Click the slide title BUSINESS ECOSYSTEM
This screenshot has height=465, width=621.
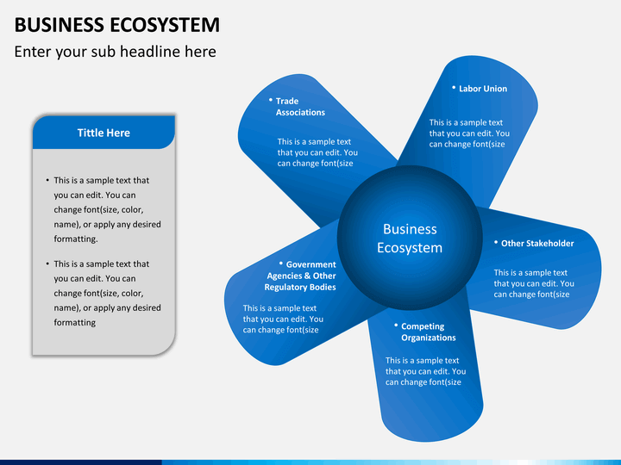[x=117, y=24]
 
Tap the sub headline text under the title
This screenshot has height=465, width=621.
[x=116, y=52]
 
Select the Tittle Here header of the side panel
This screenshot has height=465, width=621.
[x=103, y=133]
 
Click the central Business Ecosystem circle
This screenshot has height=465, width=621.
[x=410, y=238]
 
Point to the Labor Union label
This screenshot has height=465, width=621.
[x=483, y=89]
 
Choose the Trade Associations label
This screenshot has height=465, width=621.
[x=300, y=107]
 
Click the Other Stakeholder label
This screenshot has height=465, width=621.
[x=537, y=243]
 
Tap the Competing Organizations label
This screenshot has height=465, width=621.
[x=428, y=332]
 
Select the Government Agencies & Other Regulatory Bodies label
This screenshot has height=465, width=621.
[x=300, y=276]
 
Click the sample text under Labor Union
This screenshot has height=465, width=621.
[x=469, y=133]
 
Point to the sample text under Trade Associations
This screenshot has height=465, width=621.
[x=317, y=152]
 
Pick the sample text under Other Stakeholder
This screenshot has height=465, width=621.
[x=534, y=283]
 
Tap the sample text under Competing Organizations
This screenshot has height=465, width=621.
[x=425, y=371]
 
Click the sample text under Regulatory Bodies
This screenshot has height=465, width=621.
[x=283, y=319]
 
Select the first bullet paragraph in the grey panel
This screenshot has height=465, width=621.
[x=103, y=209]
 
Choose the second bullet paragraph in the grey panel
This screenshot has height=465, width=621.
[x=103, y=293]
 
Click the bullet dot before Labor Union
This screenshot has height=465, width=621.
[x=454, y=87]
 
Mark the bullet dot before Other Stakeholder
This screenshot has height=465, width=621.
[x=495, y=242]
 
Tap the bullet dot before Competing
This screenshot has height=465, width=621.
[x=396, y=325]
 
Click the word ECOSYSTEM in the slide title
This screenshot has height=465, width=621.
[x=165, y=24]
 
